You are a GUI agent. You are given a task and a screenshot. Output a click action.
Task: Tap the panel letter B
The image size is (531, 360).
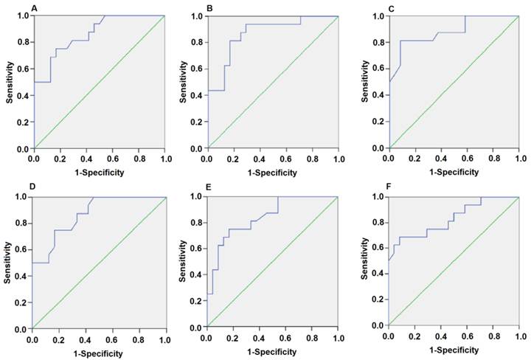210,7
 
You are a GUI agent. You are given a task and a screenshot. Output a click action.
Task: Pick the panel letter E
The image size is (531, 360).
210,187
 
